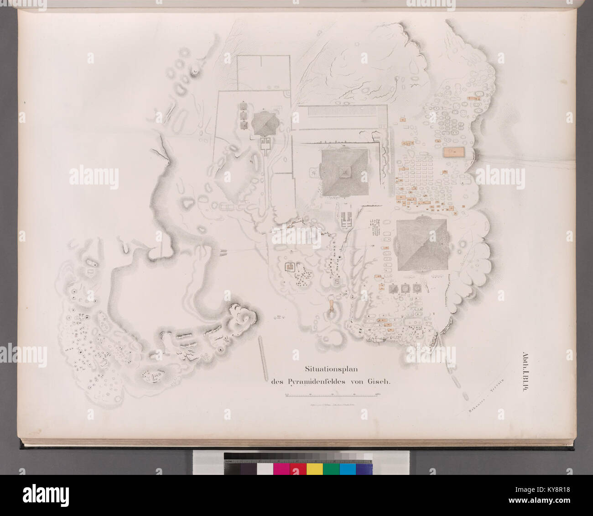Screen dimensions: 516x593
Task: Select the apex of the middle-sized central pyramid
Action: [345, 172]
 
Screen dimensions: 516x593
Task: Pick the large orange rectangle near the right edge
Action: [453, 153]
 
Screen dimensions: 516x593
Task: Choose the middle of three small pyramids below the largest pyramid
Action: [404, 289]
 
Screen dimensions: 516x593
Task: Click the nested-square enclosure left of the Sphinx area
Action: [289, 267]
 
